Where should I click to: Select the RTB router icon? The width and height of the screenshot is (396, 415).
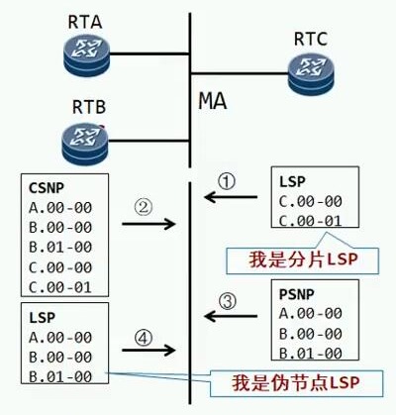click(85, 144)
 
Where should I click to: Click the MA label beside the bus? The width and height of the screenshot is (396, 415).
click(213, 101)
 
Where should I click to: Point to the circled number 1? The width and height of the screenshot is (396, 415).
click(227, 182)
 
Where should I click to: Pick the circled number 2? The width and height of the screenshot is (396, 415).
click(144, 208)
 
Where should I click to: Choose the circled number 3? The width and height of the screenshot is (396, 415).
click(228, 301)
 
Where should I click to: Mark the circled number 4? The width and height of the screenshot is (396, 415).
click(144, 338)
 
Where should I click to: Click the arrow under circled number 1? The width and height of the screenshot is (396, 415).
click(231, 197)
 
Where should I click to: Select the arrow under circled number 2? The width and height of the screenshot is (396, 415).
click(148, 224)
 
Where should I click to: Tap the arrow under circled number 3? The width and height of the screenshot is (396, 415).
click(231, 316)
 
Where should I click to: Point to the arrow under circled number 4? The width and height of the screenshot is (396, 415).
click(148, 350)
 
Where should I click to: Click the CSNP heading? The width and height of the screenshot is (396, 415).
click(47, 188)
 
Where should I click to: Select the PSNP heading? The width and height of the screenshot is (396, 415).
click(297, 294)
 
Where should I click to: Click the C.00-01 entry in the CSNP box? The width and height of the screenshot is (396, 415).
click(60, 287)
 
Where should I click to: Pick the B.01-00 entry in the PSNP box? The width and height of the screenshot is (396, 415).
click(310, 354)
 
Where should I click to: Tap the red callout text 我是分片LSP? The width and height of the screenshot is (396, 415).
click(304, 259)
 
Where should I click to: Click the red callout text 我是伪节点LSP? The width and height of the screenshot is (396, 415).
click(296, 382)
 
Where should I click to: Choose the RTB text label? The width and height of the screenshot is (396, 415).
click(89, 107)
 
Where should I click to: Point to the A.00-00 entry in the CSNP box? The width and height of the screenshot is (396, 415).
click(60, 208)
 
